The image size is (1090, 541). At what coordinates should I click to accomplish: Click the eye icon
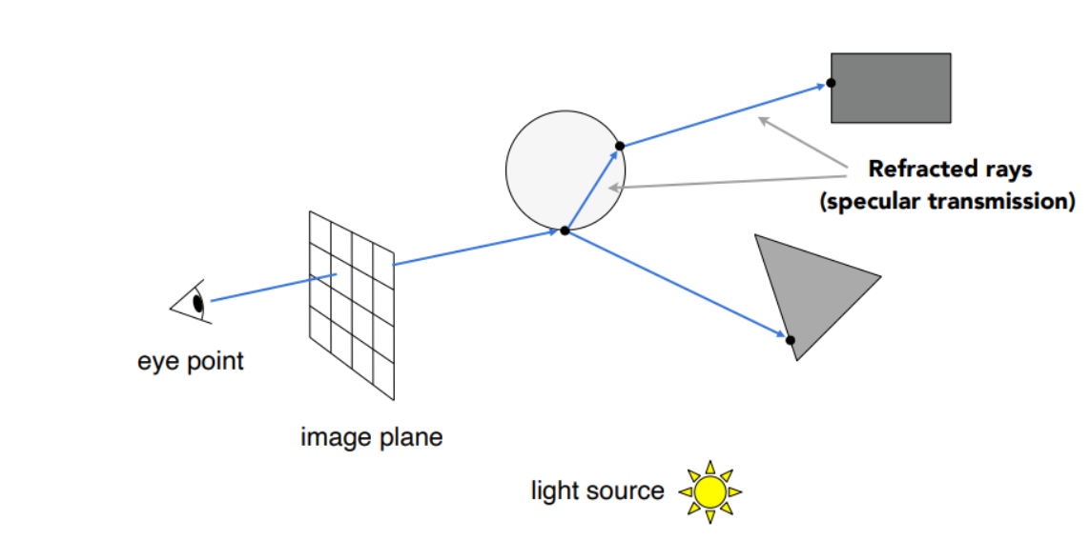pos(191,304)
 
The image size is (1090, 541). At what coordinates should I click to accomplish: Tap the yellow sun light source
pos(710,491)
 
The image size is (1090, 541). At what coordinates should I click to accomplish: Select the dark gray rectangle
pos(891,88)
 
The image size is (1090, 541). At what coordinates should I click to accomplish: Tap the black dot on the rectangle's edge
pos(832,83)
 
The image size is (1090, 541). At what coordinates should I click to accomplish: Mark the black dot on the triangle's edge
pos(791,339)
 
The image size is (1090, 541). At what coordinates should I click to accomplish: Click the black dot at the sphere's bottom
pos(565,230)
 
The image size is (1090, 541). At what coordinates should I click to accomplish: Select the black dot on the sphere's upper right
pos(620,146)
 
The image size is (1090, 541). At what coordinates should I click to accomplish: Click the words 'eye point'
pos(190,362)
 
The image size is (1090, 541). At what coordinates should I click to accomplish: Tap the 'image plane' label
pos(371,438)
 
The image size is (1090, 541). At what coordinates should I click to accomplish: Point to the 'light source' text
pos(597,491)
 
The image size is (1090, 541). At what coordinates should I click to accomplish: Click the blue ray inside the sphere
pos(592,188)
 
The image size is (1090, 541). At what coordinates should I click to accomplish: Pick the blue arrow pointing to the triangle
pos(677,285)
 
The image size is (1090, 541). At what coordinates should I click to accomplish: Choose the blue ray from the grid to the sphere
pos(477,247)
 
